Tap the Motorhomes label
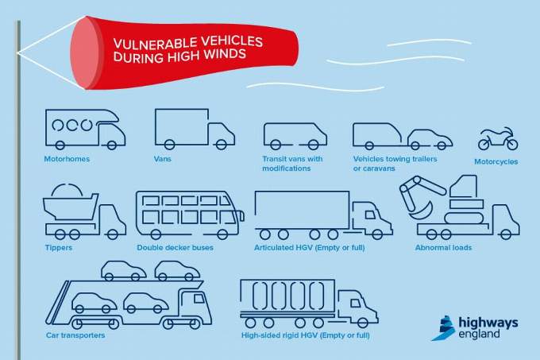point(67,159)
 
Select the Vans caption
point(163,159)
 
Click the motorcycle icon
point(498,138)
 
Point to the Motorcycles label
point(496,161)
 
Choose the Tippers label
point(59,247)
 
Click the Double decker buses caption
point(175,247)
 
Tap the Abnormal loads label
point(443,247)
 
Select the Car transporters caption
point(75,335)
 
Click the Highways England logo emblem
point(444,328)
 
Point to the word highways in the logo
point(488,323)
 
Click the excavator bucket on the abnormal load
point(421,211)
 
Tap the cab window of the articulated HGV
point(370,215)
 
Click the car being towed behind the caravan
point(430,139)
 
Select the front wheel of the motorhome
point(112,145)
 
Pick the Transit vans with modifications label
point(292,164)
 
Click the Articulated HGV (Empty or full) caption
point(309,247)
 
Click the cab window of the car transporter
point(199,298)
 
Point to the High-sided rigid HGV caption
point(305,335)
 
